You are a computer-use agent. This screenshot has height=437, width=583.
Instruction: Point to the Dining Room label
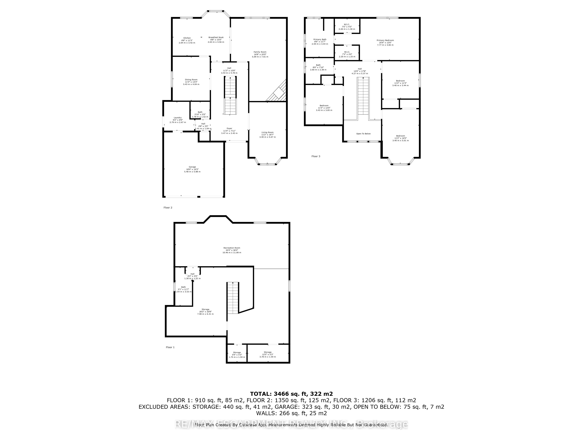[191, 80]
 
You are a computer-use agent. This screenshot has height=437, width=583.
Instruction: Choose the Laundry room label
[178, 118]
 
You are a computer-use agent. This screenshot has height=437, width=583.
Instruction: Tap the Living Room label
[267, 132]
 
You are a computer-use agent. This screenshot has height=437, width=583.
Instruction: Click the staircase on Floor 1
[233, 298]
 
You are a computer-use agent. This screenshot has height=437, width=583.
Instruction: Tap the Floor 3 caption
[316, 156]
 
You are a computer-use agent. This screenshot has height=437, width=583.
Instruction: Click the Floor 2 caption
[168, 208]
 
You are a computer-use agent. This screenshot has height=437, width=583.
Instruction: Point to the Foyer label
[229, 128]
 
